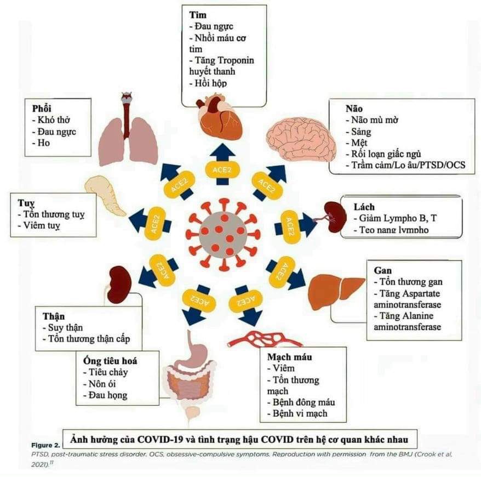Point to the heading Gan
tap(382, 271)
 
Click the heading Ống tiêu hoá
tap(107, 361)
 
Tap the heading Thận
tap(53, 316)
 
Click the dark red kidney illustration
tap(119, 283)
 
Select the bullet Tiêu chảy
tap(104, 372)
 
